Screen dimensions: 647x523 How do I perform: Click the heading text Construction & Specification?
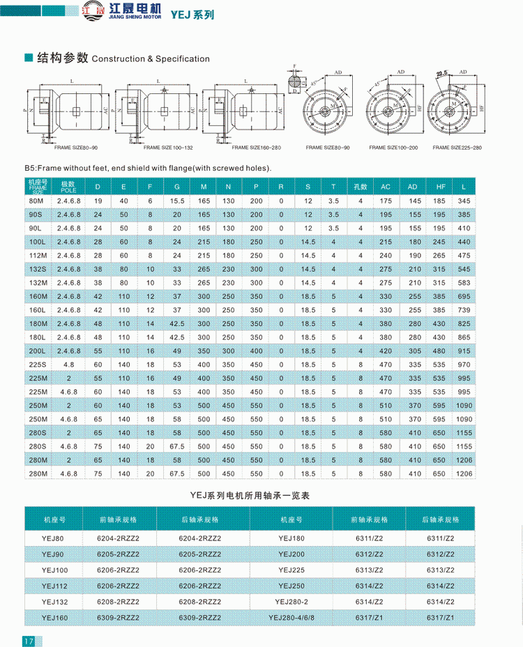pos(151,59)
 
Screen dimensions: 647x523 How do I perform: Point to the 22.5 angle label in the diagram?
pos(441,72)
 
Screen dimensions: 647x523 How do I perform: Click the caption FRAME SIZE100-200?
pos(393,148)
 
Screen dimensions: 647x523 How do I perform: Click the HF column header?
pos(439,187)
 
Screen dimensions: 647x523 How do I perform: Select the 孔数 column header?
pos(361,187)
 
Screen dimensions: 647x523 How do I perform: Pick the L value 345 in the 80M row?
pos(464,201)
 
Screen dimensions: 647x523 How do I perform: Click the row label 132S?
pos(37,269)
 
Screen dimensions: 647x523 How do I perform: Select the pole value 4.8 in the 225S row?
pos(68,364)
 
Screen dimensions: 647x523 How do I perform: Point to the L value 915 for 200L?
pos(464,350)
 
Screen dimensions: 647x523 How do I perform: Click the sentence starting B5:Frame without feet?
pos(147,168)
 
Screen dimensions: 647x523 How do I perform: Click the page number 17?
pos(29,641)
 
